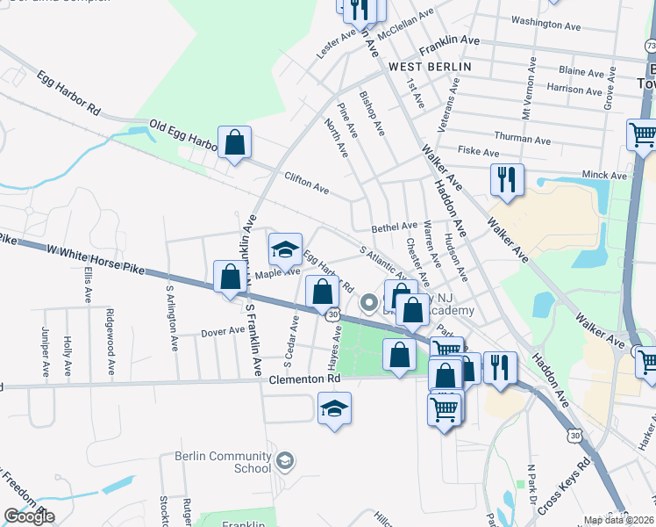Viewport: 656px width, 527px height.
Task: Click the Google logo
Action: click(x=29, y=516)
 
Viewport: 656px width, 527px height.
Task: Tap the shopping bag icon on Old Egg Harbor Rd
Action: click(x=235, y=142)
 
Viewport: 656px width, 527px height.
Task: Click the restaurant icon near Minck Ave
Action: click(x=507, y=180)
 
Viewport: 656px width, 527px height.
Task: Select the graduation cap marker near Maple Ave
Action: click(x=285, y=250)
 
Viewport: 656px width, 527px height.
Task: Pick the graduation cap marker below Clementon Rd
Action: click(x=334, y=408)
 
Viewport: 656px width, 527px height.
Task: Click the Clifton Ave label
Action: click(x=306, y=184)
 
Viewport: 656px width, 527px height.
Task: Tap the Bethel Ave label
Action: click(x=394, y=227)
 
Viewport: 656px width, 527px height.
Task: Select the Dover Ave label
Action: click(x=223, y=332)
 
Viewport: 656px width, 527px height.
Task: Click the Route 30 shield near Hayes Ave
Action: click(x=332, y=314)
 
